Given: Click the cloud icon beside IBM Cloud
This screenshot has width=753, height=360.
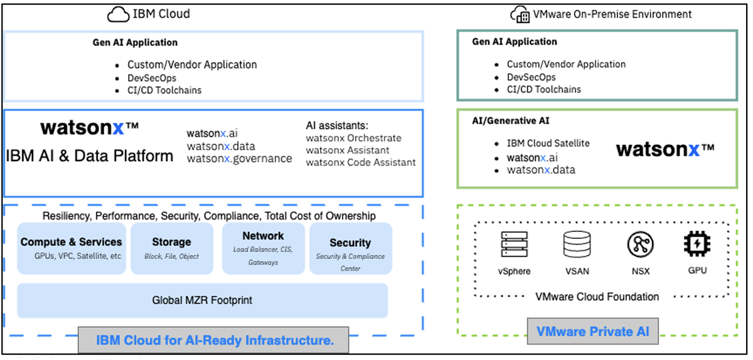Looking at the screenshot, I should tap(117, 13).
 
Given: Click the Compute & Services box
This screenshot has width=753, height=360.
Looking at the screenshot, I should tap(71, 248).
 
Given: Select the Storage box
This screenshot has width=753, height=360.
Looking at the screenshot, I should tap(171, 248).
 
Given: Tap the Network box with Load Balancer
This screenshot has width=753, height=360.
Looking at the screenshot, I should tap(263, 248).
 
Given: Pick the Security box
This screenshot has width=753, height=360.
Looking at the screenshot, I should tap(350, 248).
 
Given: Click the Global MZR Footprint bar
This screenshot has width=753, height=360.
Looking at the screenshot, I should tap(202, 300).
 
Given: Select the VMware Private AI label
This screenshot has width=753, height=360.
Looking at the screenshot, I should tap(592, 331).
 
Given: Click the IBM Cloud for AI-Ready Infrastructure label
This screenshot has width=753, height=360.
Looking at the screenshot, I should tap(214, 341).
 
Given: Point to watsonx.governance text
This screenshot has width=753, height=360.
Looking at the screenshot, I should tap(239, 159).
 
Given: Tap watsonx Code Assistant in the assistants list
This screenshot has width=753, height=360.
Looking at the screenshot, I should tap(361, 162).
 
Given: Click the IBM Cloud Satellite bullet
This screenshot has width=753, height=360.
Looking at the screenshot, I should tap(548, 143).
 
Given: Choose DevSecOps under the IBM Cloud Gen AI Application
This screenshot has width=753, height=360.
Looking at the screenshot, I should tap(152, 78).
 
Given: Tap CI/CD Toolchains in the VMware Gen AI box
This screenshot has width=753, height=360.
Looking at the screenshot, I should tap(544, 89).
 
